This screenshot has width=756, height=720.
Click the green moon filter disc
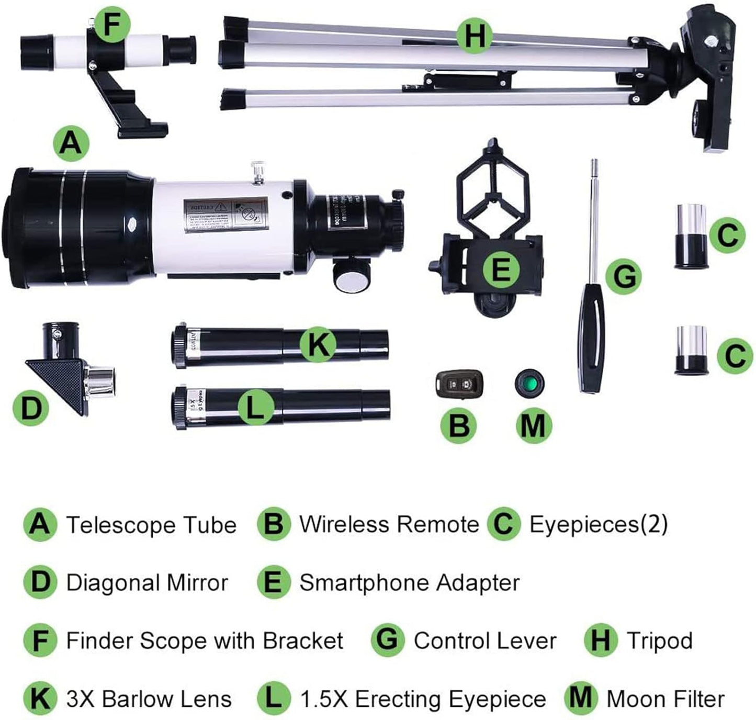(530, 384)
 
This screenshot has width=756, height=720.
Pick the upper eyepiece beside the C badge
(691, 235)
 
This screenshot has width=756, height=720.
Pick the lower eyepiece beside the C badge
(691, 351)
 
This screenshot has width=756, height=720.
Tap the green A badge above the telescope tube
(71, 142)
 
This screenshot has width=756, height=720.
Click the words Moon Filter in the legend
(665, 699)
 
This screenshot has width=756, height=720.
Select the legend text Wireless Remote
(389, 524)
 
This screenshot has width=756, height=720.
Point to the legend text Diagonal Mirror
(147, 583)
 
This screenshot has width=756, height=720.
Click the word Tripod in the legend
(659, 640)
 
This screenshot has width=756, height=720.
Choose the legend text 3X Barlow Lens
(149, 699)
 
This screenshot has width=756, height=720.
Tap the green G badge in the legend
(387, 640)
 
